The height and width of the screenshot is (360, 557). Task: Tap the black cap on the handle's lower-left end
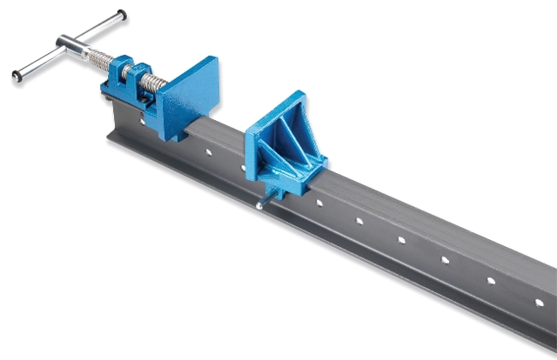click(17, 76)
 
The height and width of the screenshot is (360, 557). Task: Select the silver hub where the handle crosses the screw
click(68, 43)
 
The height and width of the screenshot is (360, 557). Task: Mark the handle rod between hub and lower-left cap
click(40, 62)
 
